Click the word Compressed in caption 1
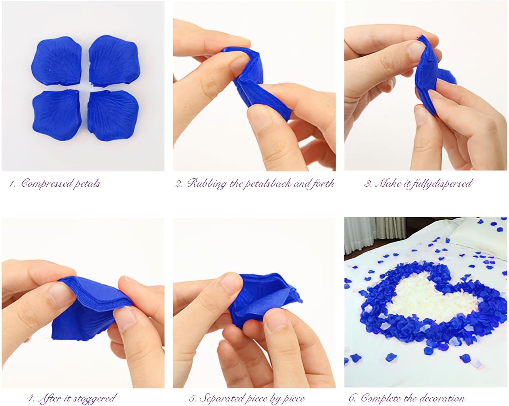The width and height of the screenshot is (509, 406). (x=47, y=184)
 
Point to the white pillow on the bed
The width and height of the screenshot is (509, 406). (x=480, y=231)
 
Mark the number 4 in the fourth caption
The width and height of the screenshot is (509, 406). (x=30, y=398)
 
